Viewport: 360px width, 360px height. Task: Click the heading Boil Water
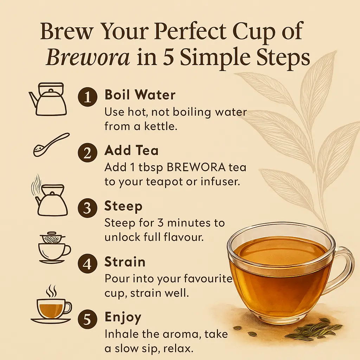(x=140, y=95)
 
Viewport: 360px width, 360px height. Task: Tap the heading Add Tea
(x=131, y=150)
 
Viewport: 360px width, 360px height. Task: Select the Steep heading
(x=123, y=206)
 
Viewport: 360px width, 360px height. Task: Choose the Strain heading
(x=125, y=262)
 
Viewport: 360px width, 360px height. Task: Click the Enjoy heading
(x=123, y=317)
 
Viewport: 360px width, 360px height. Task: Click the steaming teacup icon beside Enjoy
(x=51, y=306)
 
